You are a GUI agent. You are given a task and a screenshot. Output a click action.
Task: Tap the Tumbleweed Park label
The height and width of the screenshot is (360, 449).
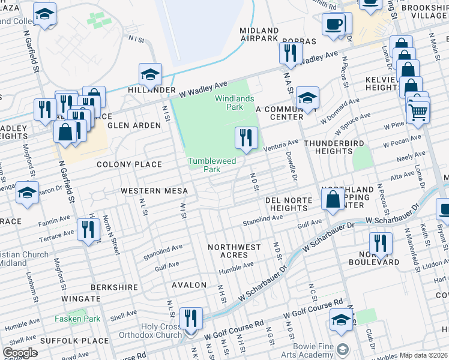tap(212, 165)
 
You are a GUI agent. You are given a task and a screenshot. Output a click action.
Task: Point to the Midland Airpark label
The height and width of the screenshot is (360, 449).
tap(259, 35)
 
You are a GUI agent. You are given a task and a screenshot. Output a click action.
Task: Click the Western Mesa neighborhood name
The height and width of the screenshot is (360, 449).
tap(154, 191)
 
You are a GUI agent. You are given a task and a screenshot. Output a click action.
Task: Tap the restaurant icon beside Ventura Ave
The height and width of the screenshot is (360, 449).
tap(246, 138)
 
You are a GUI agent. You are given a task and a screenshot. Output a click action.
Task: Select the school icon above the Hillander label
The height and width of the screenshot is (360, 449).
tap(150, 74)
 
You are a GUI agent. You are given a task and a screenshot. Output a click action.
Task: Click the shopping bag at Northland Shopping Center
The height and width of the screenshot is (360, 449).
tap(333, 199)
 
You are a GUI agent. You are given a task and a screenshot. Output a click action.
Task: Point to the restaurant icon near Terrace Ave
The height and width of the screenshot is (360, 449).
tap(89, 230)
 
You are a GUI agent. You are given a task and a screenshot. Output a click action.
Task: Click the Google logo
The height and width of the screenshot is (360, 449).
tap(20, 353)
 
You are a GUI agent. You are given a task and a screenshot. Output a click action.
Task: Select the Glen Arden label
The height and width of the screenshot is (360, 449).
tap(134, 125)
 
